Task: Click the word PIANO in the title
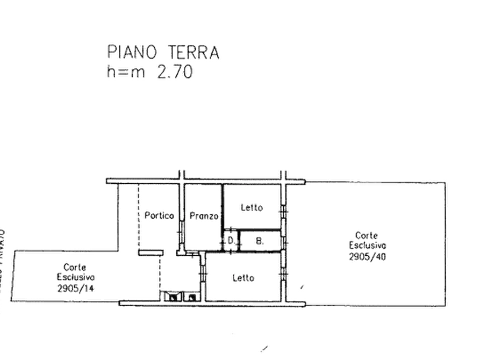point(132,53)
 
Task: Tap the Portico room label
point(160,216)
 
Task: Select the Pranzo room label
point(204,216)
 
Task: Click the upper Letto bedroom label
point(252,207)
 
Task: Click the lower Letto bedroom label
point(243,278)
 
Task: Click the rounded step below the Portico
point(152,251)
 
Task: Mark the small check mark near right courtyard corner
point(302,286)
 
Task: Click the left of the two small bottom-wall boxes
point(174,295)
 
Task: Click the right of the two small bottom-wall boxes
point(191,295)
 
